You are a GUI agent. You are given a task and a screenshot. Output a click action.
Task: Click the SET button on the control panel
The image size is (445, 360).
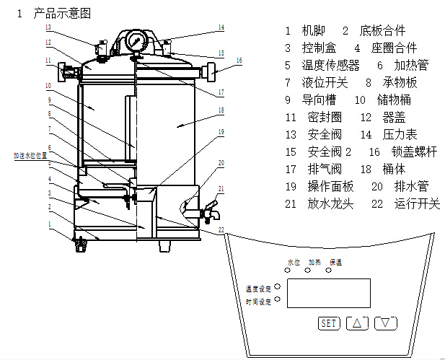click(x=328, y=322)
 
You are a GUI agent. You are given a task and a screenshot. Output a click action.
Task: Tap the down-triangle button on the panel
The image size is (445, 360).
click(x=387, y=322)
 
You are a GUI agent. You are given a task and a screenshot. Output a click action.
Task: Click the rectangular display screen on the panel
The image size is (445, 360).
click(x=328, y=294)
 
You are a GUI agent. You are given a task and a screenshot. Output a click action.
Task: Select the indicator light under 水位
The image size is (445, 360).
click(x=288, y=272)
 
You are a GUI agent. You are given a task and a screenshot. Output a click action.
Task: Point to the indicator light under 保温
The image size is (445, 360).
click(x=329, y=271)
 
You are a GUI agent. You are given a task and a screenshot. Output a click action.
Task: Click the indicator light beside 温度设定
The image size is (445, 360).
click(x=277, y=287)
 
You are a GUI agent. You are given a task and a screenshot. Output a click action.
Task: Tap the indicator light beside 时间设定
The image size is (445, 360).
click(x=277, y=301)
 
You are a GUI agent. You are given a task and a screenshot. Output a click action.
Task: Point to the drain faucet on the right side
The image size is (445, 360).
click(x=211, y=210)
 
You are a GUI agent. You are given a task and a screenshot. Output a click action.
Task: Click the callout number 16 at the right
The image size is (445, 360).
click(x=239, y=60)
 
